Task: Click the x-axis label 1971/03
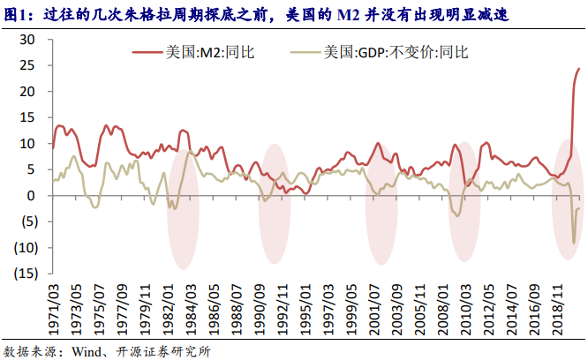tap(54, 305)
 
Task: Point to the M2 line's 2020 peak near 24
tap(579, 69)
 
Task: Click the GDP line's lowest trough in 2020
tap(574, 244)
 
